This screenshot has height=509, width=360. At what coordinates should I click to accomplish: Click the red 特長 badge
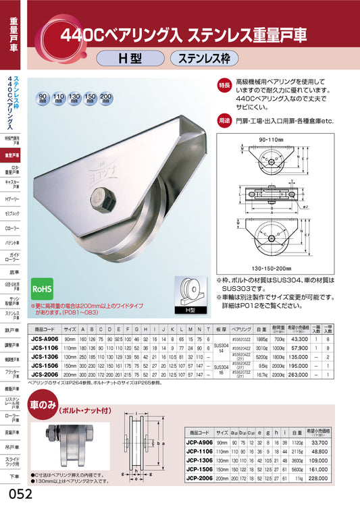[225, 85]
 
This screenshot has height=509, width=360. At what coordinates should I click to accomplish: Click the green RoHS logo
[45, 288]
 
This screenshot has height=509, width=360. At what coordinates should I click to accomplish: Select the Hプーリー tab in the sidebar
[12, 200]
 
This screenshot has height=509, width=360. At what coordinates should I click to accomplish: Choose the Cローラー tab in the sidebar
[12, 229]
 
